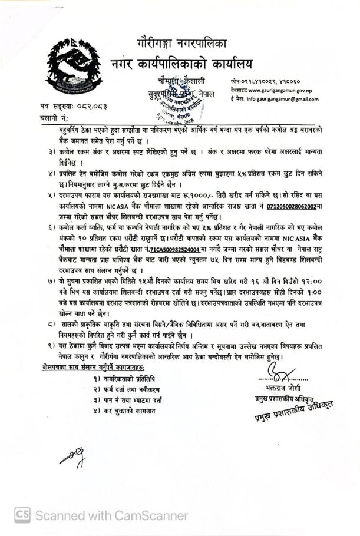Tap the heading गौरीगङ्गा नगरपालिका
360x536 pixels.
[189, 42]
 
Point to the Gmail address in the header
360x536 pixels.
[282, 100]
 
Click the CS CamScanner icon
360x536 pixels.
[22, 515]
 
